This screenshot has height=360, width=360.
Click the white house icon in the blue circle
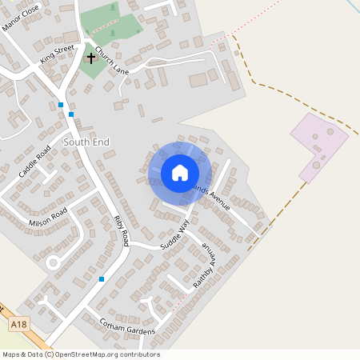click(x=180, y=173)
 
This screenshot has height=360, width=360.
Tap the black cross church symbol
click(x=90, y=58)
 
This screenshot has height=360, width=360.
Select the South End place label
click(x=86, y=142)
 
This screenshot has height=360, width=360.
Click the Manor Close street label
click(x=20, y=17)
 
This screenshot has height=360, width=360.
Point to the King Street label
click(x=58, y=54)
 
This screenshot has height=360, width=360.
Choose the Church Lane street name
click(x=112, y=62)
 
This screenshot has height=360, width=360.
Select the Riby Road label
click(x=121, y=230)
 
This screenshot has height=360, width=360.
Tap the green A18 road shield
click(x=18, y=326)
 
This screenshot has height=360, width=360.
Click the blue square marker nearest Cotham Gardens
click(x=102, y=279)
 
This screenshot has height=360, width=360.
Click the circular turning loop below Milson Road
click(x=54, y=262)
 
